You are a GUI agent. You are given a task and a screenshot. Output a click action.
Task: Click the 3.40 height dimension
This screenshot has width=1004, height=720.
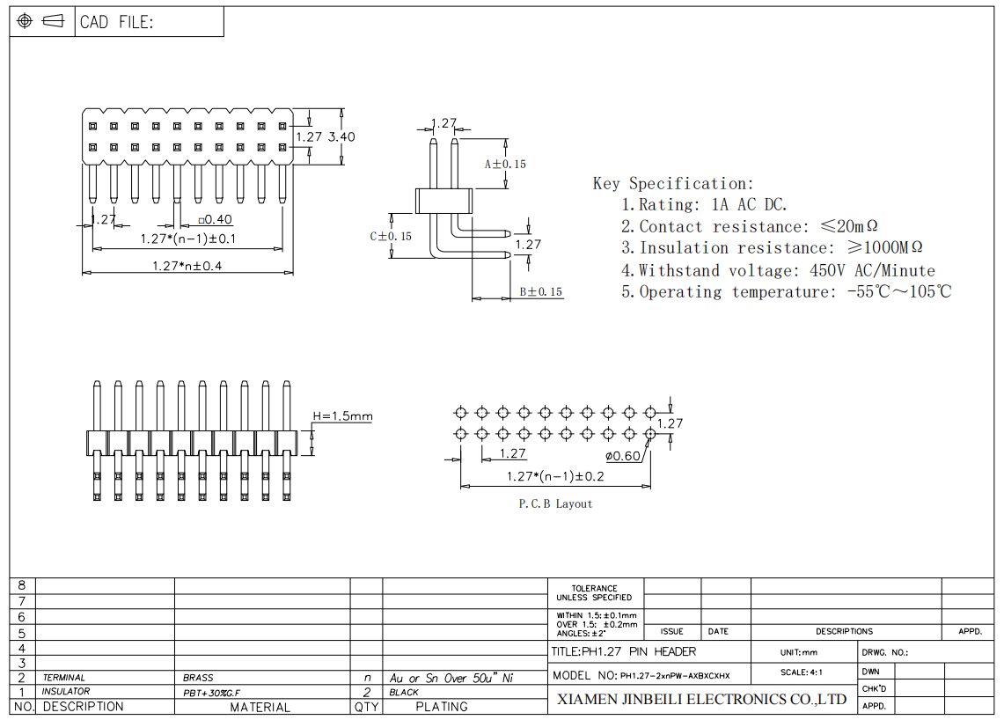341,136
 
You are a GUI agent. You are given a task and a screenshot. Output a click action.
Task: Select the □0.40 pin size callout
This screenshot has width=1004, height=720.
215,220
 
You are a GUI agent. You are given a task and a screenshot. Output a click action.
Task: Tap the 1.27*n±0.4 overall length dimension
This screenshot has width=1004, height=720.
187,266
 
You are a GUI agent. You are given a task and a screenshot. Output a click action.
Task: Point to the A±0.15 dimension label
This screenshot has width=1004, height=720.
505,165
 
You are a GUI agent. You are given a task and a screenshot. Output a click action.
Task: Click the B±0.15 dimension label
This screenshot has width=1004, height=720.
541,292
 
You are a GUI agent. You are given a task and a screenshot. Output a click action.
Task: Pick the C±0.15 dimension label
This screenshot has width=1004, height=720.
391,237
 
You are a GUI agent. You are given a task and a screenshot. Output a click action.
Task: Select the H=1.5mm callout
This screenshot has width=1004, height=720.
342,416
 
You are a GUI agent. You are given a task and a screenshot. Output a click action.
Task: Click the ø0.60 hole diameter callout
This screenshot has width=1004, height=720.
623,456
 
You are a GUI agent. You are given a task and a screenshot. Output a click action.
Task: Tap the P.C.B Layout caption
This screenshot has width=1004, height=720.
555,504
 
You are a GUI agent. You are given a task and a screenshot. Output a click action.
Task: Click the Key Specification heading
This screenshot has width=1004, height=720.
674,184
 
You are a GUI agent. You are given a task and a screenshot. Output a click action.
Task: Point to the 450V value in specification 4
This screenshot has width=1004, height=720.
827,270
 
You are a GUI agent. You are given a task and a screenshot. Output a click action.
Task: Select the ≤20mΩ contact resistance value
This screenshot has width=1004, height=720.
849,226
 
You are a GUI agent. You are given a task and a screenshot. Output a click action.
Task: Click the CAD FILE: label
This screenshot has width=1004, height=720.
116,22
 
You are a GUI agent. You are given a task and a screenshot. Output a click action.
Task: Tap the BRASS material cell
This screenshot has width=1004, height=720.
198,678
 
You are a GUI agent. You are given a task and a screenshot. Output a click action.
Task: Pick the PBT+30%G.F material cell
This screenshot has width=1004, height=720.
211,693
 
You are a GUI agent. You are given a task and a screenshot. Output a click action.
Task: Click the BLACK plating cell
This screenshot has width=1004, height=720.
404,693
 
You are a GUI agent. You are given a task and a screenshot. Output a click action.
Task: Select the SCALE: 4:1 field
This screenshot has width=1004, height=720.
801,672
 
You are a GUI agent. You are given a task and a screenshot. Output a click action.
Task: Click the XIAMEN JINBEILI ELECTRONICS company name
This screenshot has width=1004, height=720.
702,700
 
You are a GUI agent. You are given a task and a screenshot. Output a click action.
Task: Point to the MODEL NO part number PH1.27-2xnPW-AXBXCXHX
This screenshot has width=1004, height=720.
675,676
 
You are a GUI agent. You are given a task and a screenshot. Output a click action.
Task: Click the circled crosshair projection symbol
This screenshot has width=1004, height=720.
25,21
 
